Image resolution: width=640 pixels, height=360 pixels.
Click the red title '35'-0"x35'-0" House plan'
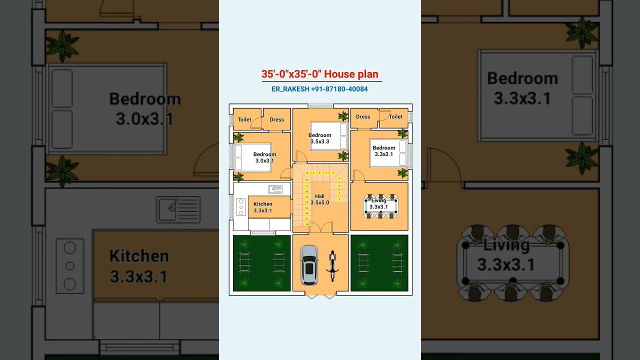[x=320, y=74]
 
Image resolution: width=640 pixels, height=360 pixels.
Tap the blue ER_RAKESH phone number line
[x=320, y=89]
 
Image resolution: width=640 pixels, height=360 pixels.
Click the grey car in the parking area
[x=309, y=265]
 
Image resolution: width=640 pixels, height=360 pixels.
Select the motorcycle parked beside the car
[x=332, y=266]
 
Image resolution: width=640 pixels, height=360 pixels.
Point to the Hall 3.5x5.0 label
[x=320, y=199]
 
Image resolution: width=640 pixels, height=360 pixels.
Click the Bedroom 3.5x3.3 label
[x=319, y=138]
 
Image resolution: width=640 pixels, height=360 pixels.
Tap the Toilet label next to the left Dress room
[x=244, y=119]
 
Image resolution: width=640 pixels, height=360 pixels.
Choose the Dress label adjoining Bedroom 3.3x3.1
[x=363, y=117]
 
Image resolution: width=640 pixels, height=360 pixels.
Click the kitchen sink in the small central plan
[x=275, y=189]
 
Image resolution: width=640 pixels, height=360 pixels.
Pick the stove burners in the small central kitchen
[x=240, y=207]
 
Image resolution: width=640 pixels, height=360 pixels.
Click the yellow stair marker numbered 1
[x=339, y=200]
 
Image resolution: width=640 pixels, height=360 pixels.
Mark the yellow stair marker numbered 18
[x=306, y=224]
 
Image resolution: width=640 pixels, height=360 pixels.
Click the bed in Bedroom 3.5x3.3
[x=329, y=136]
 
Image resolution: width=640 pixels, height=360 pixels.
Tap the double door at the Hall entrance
[x=320, y=228]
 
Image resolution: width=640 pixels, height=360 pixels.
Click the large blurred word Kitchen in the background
[x=139, y=256]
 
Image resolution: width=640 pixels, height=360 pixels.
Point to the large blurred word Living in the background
[x=506, y=245]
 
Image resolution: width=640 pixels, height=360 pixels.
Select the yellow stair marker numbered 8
[x=307, y=173]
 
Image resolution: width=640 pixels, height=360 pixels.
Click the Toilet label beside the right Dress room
[x=395, y=117]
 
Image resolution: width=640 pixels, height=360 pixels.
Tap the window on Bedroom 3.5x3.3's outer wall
[x=320, y=106]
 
